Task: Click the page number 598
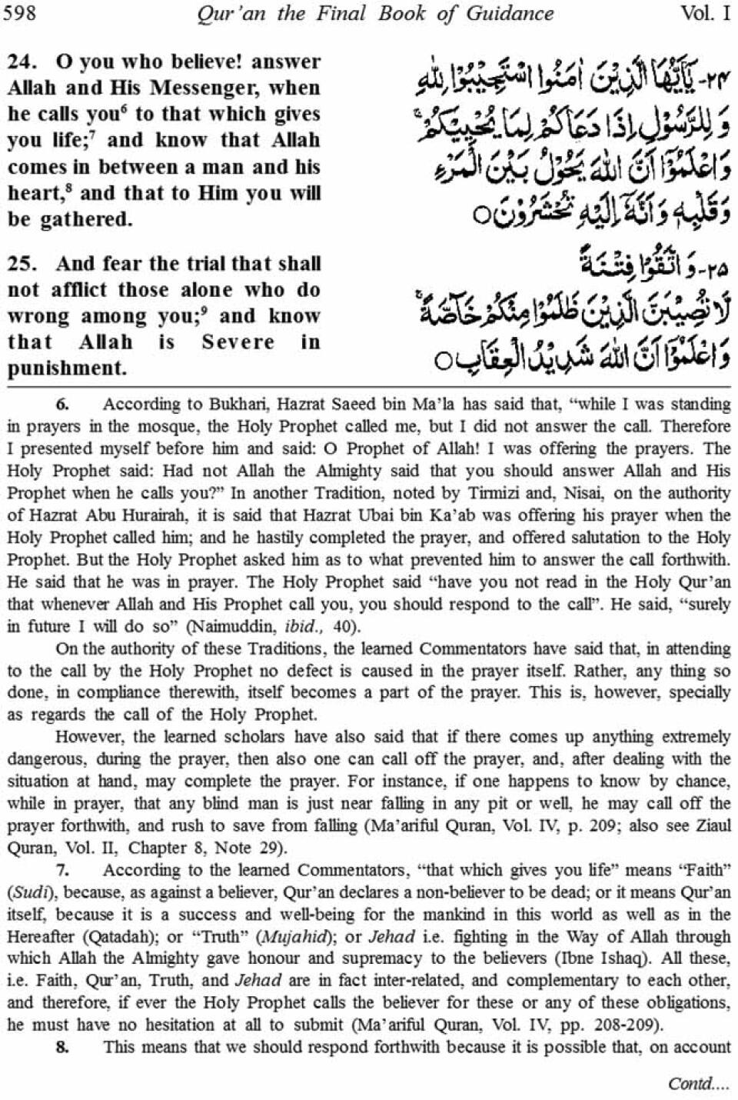click(20, 13)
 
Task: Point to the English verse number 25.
click(22, 263)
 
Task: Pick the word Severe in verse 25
click(238, 342)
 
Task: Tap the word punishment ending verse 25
click(66, 368)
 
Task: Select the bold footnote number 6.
click(62, 405)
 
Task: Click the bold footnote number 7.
click(62, 871)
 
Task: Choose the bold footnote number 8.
click(62, 1047)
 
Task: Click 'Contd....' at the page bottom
click(699, 1083)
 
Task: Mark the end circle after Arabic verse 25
click(440, 359)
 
